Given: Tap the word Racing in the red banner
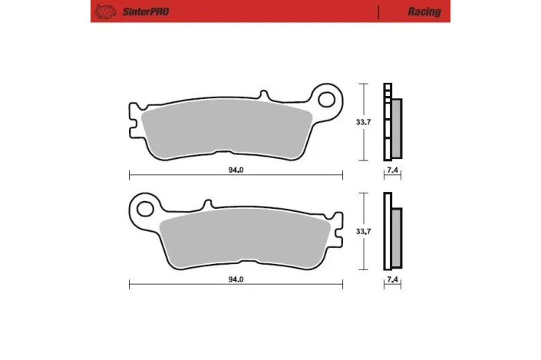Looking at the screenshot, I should click(425, 12).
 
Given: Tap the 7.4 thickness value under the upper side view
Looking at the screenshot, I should click(392, 170).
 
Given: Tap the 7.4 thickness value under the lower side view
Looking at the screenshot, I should click(392, 280).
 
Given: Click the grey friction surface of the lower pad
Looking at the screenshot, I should click(246, 238).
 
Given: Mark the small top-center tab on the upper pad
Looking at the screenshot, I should click(265, 96).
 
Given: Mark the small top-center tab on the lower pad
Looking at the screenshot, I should click(206, 204).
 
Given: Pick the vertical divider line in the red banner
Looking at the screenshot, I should click(379, 12).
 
